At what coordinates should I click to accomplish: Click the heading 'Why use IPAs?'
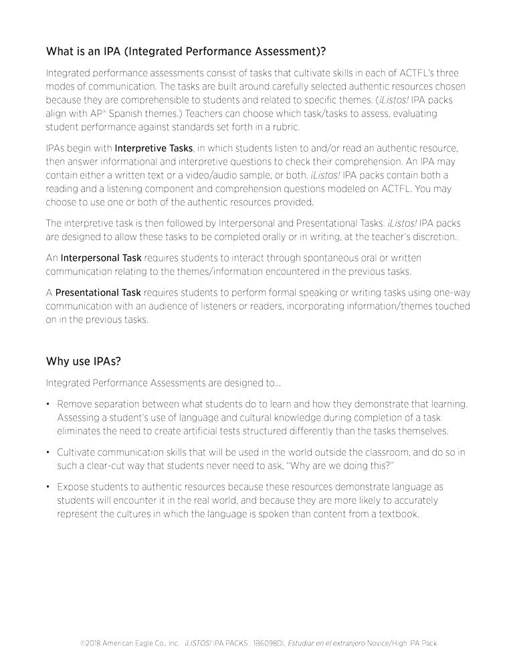[83, 361]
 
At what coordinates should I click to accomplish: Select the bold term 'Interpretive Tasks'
[154, 147]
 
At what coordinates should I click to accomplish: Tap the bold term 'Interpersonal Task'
[101, 258]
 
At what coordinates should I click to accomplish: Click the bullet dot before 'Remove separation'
[49, 404]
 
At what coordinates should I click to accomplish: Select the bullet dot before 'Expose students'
[49, 487]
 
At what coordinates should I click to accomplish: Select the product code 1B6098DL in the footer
[270, 643]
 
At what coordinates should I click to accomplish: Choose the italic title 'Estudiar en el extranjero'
[327, 643]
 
